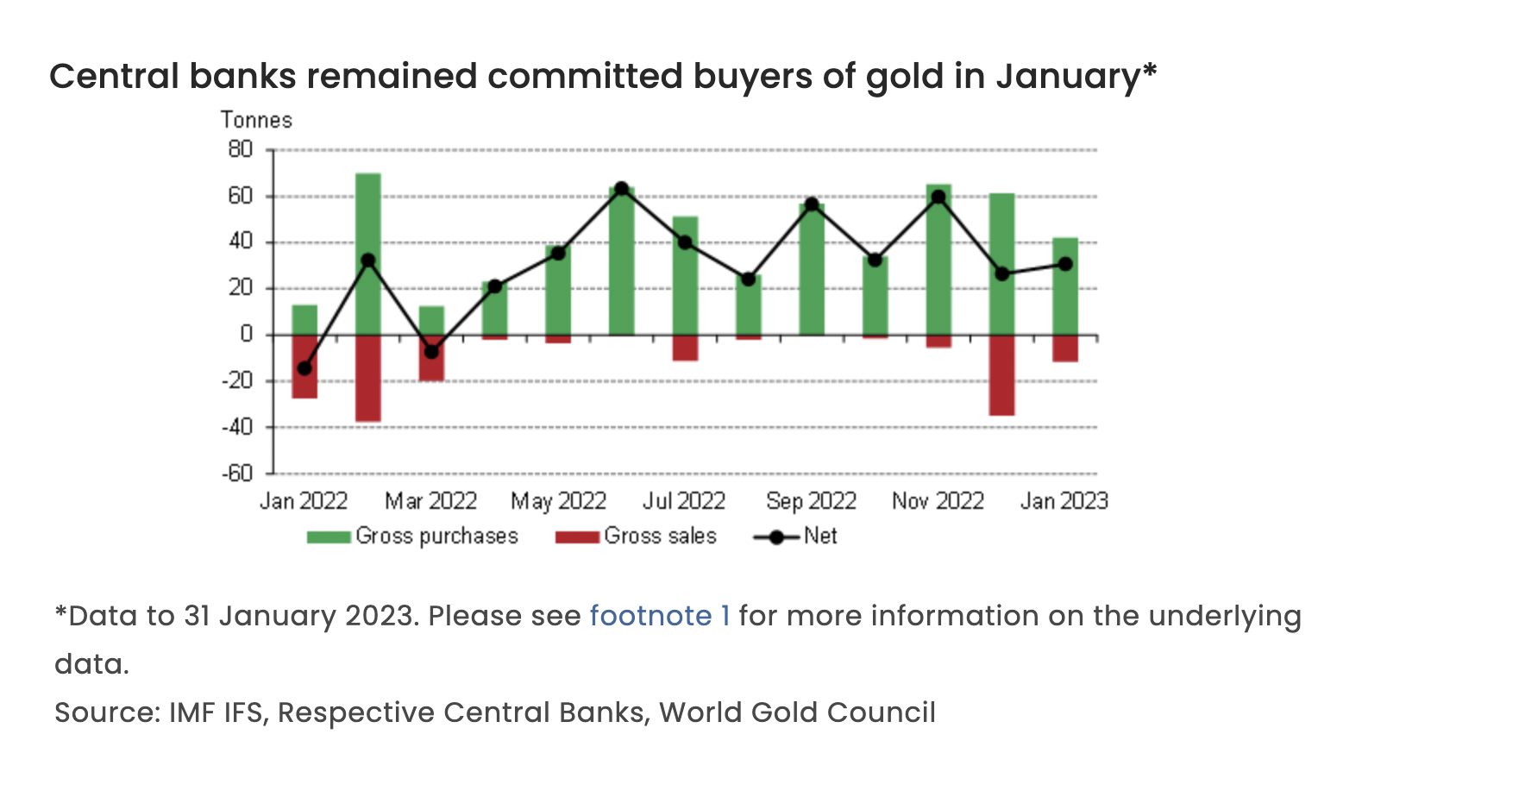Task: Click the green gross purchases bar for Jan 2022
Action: pyautogui.click(x=304, y=319)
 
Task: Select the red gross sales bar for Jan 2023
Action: pyautogui.click(x=1064, y=348)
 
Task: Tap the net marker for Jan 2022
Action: pyautogui.click(x=304, y=368)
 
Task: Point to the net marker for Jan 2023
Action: pyautogui.click(x=1064, y=264)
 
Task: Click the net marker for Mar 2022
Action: pyautogui.click(x=431, y=352)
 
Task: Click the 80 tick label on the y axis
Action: pyautogui.click(x=241, y=149)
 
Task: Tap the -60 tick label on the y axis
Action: pyautogui.click(x=237, y=473)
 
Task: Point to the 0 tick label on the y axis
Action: pyautogui.click(x=247, y=334)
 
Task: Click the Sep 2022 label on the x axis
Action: pyautogui.click(x=811, y=501)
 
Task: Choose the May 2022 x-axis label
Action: pyautogui.click(x=558, y=501)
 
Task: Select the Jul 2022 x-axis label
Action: pyautogui.click(x=684, y=501)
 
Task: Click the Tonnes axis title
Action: pyautogui.click(x=256, y=120)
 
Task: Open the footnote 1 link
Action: pyautogui.click(x=660, y=616)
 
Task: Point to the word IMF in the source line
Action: pyautogui.click(x=191, y=712)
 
